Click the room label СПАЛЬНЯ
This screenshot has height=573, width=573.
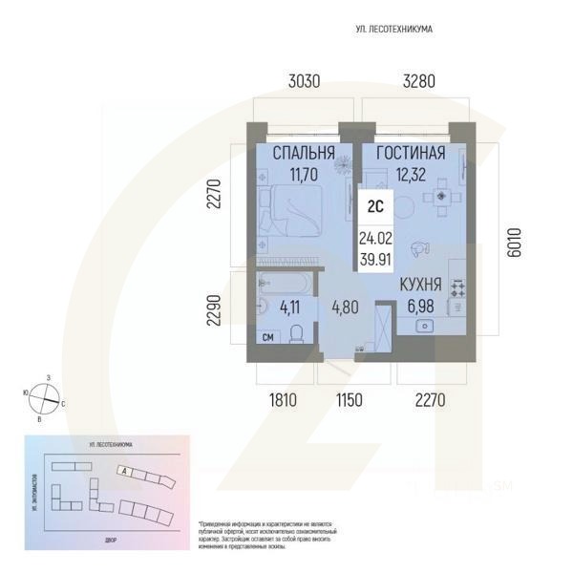click(x=304, y=153)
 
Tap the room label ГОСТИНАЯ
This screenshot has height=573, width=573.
click(x=411, y=153)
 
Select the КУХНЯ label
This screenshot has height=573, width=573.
click(x=419, y=284)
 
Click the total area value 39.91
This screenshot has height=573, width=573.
click(x=374, y=258)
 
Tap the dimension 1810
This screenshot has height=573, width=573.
click(x=283, y=400)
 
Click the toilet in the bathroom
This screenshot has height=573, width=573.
click(x=297, y=332)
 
